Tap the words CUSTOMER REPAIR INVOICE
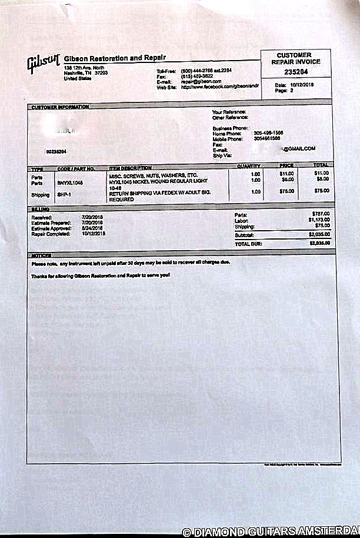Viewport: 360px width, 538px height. coord(298,58)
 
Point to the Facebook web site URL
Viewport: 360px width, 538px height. coord(219,87)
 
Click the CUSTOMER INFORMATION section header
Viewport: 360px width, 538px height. coord(60,107)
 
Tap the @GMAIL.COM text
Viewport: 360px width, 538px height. coord(299,149)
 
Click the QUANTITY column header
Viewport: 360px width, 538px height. coord(248,167)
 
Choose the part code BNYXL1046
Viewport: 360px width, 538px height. coord(71,183)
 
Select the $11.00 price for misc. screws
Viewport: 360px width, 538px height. coord(286,174)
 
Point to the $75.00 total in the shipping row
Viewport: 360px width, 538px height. coord(321,191)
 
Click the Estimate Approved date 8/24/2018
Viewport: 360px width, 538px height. coord(95,228)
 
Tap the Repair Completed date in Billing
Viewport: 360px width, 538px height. coord(95,234)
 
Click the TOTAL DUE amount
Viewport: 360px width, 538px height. coord(318,242)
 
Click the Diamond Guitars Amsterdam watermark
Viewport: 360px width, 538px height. coord(271,532)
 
